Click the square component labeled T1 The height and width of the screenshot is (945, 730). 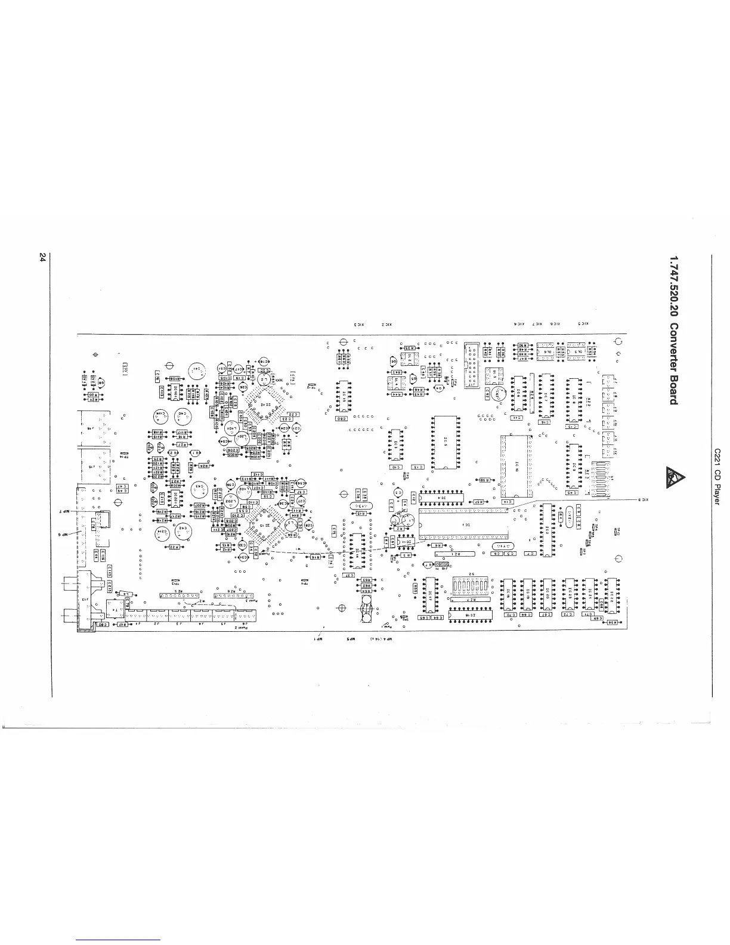pos(115,609)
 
